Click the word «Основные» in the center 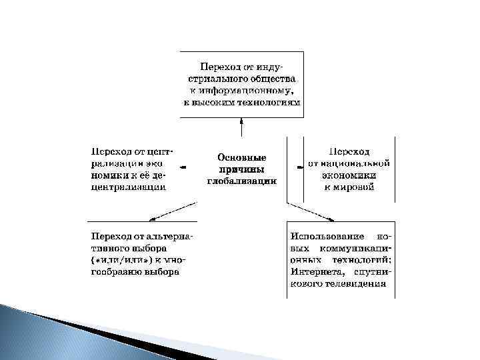pyautogui.click(x=241, y=158)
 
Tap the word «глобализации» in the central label pyautogui.click(x=241, y=181)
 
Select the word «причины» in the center pyautogui.click(x=241, y=169)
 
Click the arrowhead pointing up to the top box pyautogui.click(x=241, y=121)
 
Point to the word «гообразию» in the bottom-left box pyautogui.click(x=115, y=272)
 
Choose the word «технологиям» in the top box pyautogui.click(x=271, y=103)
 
